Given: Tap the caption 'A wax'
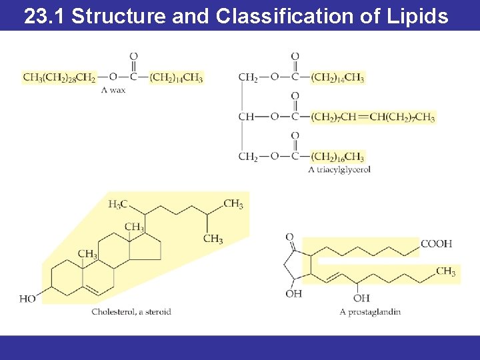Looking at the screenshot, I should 113,90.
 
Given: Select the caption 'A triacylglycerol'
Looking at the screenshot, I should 339,170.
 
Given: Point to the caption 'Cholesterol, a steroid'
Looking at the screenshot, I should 131,311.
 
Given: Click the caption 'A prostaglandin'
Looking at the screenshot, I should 370,311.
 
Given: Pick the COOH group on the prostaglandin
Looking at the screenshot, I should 436,244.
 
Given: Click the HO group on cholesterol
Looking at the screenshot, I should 27,299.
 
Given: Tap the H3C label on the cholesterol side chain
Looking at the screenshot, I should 117,205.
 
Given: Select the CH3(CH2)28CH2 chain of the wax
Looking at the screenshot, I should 59,77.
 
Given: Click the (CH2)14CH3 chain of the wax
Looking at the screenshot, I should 176,77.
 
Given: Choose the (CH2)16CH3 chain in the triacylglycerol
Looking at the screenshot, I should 337,157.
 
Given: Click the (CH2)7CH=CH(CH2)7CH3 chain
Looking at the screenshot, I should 373,117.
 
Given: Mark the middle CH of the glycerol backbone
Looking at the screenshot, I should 246,117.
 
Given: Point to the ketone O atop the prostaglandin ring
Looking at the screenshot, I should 290,237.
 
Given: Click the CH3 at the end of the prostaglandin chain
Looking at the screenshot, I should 445,271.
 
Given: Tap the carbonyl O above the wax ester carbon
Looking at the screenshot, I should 133,57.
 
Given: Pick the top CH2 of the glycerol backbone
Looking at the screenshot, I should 248,77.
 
